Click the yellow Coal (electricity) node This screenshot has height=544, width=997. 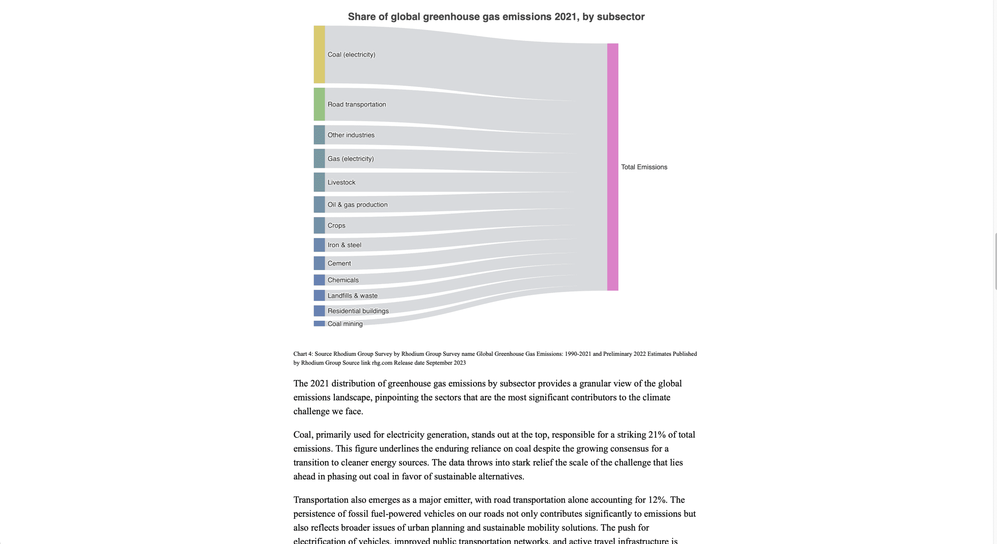(319, 55)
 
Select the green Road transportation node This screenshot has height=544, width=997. (319, 104)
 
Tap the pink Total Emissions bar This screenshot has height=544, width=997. (612, 167)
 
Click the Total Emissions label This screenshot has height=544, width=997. (644, 167)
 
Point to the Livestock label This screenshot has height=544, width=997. (341, 182)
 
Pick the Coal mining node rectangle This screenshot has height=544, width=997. (319, 323)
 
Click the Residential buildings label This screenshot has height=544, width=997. (358, 311)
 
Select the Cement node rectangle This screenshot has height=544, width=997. (319, 263)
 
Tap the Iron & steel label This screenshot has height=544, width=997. (344, 245)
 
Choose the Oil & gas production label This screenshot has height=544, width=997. (357, 205)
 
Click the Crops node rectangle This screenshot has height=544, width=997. (319, 225)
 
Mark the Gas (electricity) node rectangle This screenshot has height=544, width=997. (319, 159)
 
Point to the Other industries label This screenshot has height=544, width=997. (351, 135)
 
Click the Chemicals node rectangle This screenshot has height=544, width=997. (319, 280)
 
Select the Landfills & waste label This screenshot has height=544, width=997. (352, 296)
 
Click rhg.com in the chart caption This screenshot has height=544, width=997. (382, 363)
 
